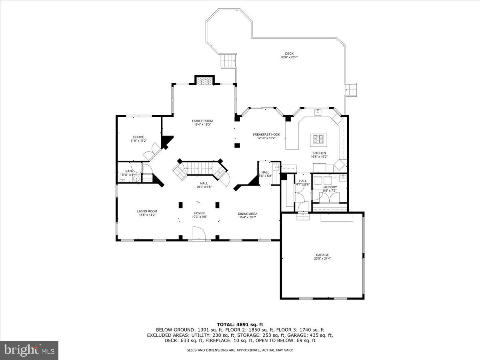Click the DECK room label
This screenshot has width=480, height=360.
289,54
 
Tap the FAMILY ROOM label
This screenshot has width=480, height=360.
202,121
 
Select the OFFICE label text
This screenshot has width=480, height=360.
138,137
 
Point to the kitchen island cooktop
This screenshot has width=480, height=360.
319,139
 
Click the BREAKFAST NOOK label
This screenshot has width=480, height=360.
266,134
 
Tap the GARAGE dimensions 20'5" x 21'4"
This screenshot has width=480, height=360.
322,258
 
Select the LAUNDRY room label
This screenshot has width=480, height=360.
330,187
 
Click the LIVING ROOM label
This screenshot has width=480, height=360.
147,211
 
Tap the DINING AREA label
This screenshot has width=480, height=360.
248,214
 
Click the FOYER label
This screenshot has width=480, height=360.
199,213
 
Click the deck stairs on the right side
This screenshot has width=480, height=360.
351,90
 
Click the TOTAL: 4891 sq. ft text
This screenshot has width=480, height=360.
240,324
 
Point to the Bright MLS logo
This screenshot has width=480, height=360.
29,350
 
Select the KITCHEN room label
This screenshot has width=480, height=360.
319,153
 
